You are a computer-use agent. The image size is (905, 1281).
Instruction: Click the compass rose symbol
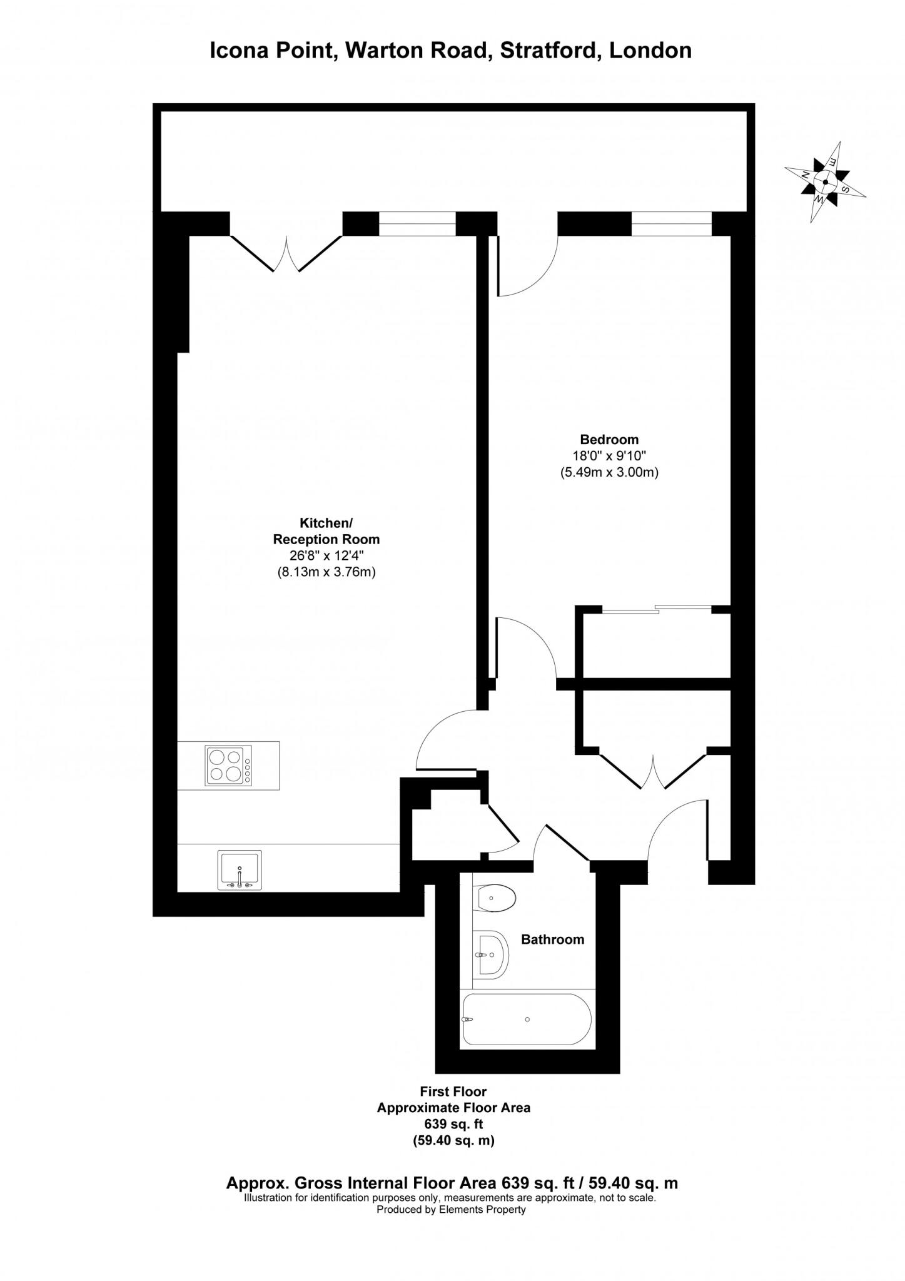[825, 182]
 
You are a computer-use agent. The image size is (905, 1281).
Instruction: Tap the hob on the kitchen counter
[228, 765]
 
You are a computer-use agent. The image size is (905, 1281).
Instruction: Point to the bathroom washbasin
[491, 954]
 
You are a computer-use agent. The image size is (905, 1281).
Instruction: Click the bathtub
[525, 1019]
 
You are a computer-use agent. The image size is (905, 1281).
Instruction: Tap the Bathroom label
[552, 939]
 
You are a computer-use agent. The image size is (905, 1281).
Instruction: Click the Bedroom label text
[609, 439]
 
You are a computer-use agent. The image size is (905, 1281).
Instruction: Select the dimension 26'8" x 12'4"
[326, 555]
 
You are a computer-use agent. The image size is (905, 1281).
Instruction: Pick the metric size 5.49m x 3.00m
[609, 473]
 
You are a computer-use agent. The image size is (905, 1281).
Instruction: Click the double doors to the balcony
[286, 253]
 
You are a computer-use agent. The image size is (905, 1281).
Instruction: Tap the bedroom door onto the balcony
[525, 263]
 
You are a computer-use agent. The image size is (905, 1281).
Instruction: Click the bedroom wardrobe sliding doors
[657, 609]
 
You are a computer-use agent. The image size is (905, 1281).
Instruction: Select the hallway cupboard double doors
[653, 769]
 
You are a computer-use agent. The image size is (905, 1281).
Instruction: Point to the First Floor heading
[453, 1091]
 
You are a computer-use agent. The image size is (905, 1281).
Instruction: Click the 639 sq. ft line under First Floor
[453, 1124]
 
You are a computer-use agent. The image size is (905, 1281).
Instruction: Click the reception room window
[417, 224]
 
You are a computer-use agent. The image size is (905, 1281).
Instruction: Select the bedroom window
[671, 224]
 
